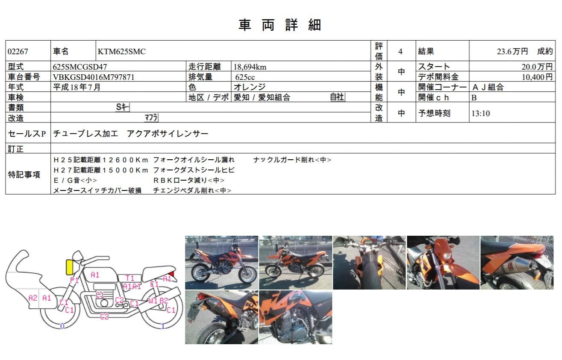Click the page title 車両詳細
point(280,25)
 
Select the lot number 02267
point(18,51)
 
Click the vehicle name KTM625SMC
point(122,51)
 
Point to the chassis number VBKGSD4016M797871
point(94,77)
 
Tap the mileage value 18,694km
point(250,67)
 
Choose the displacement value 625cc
point(245,77)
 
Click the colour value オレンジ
point(250,87)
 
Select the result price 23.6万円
point(512,51)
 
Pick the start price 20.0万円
point(537,67)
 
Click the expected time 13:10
point(481,113)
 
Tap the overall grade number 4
point(400,51)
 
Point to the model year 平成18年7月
point(77,87)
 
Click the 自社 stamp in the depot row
point(338,97)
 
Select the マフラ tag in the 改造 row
point(151,117)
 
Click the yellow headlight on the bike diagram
point(70,267)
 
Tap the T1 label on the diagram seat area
point(130,278)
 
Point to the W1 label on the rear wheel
point(153,300)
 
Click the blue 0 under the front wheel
point(62,326)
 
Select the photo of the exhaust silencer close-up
point(517,263)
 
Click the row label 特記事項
point(24,174)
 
